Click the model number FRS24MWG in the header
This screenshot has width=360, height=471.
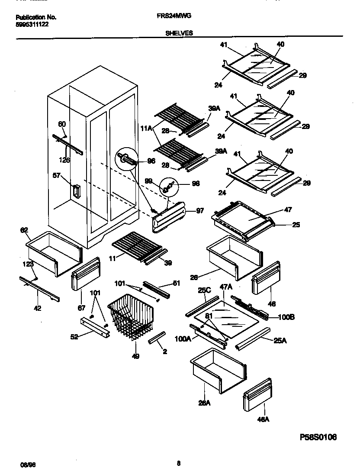[174, 16]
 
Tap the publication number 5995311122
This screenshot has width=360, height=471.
[32, 24]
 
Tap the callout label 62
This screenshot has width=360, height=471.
[24, 231]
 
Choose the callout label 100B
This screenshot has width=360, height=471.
[286, 317]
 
